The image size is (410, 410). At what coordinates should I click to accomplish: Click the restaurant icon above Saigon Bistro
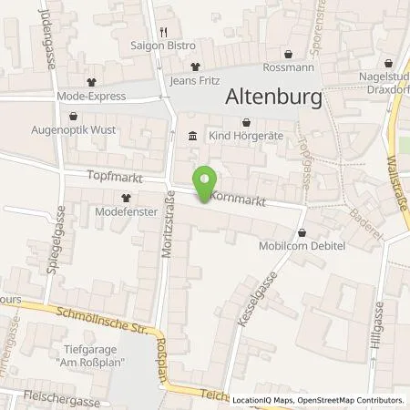click(x=163, y=32)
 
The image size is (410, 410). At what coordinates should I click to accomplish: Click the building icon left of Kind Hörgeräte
click(x=191, y=136)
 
